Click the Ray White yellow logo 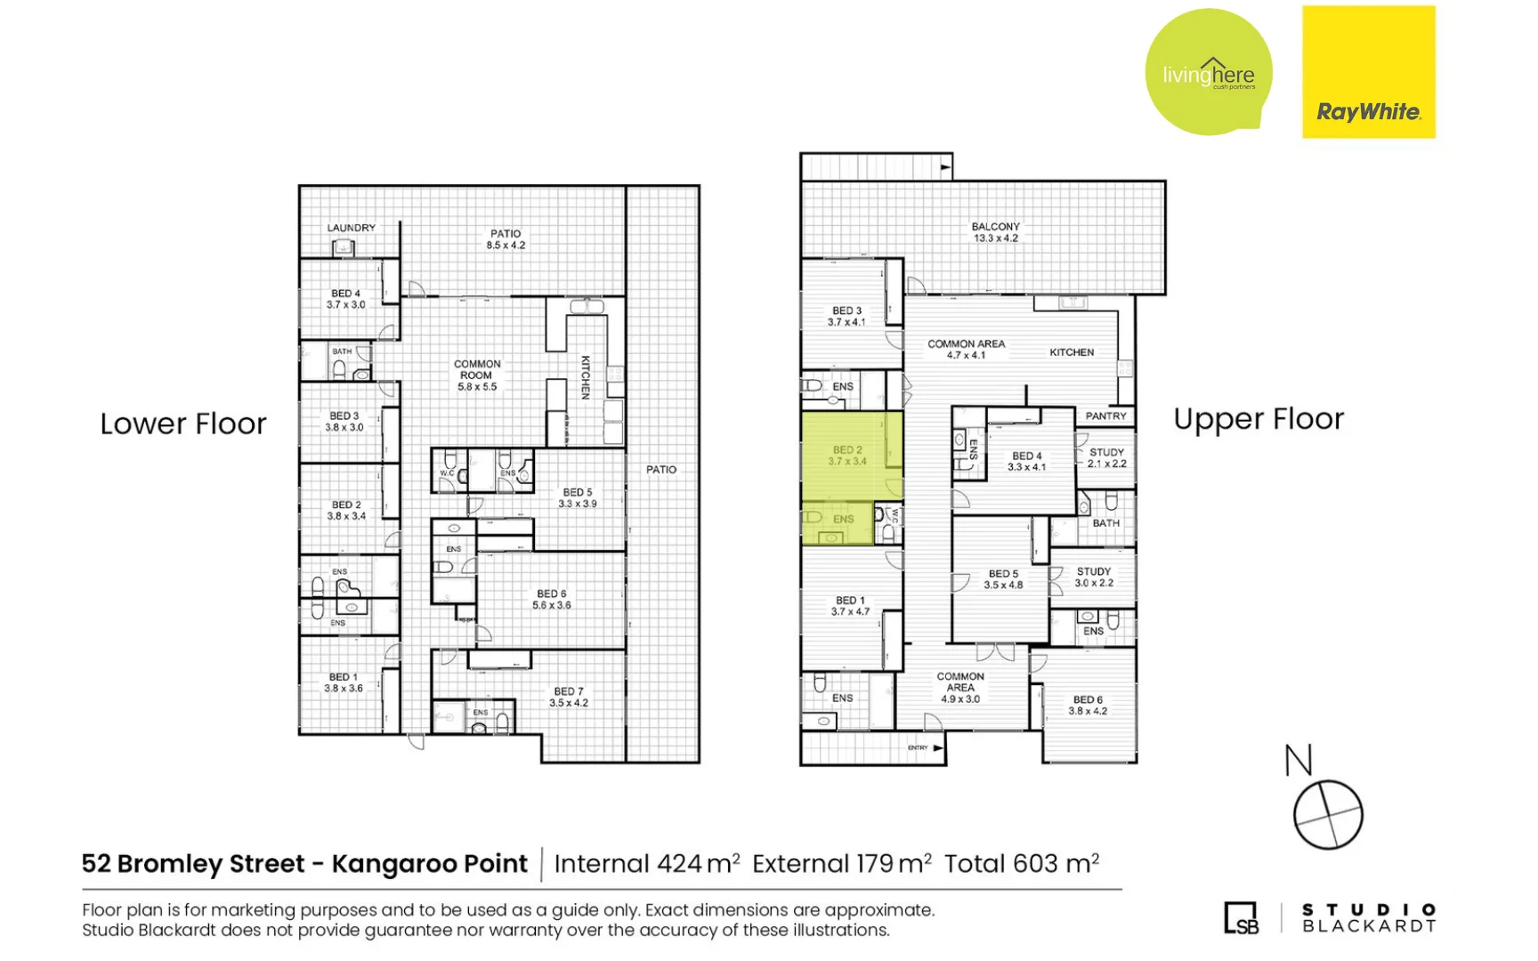[1368, 72]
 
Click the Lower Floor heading [182, 424]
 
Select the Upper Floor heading [1258, 419]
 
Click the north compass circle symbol [1327, 815]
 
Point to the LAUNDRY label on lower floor [351, 228]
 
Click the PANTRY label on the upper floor [1105, 416]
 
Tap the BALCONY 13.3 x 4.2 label [995, 232]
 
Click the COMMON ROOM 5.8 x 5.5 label [477, 376]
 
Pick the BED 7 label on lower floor [568, 697]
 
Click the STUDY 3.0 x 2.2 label [1093, 577]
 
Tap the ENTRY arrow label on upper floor [925, 748]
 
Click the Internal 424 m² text [646, 864]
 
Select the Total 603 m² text [1021, 864]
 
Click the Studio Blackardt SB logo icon [1241, 918]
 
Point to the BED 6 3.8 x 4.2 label [1087, 706]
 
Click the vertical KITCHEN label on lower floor [586, 377]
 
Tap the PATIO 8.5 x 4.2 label [506, 239]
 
